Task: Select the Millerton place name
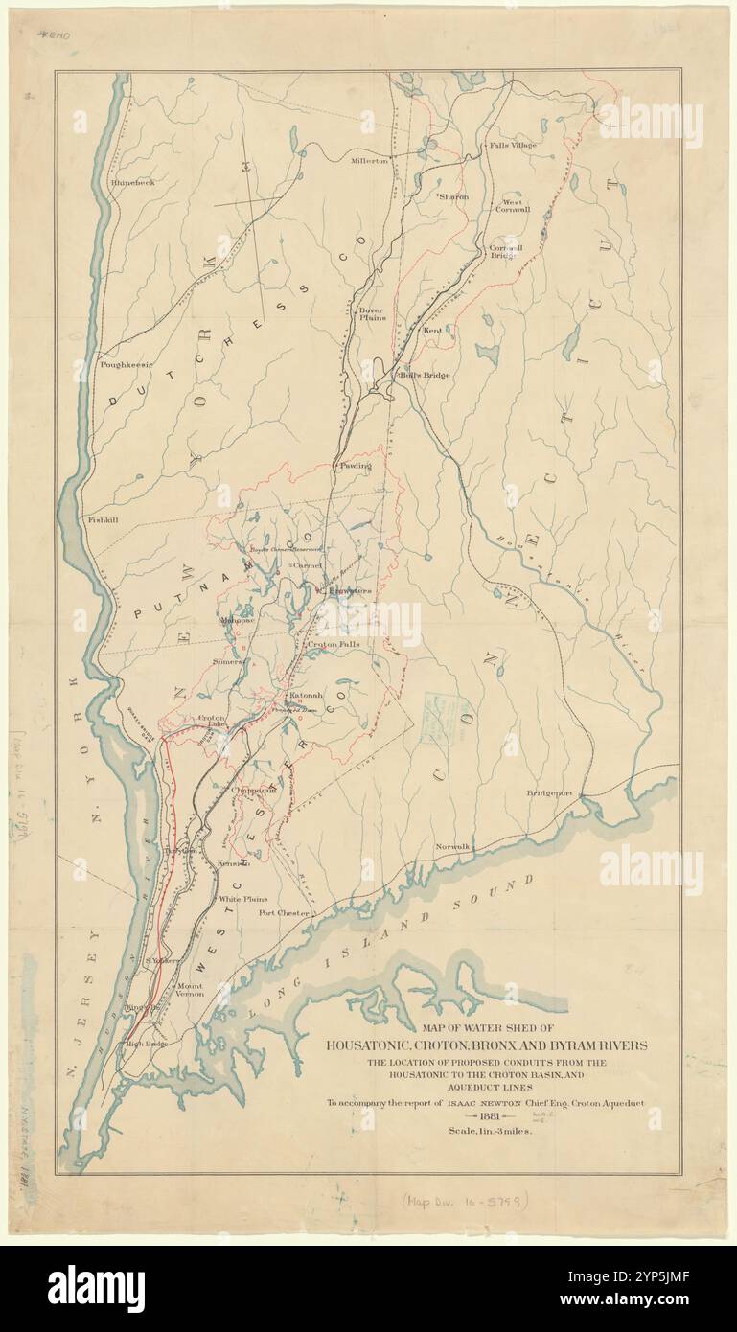[369, 161]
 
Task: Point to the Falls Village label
[514, 146]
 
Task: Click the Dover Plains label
[372, 314]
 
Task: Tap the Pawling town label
[356, 466]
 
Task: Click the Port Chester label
[284, 913]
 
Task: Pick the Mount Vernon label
[190, 991]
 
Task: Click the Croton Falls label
[334, 645]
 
